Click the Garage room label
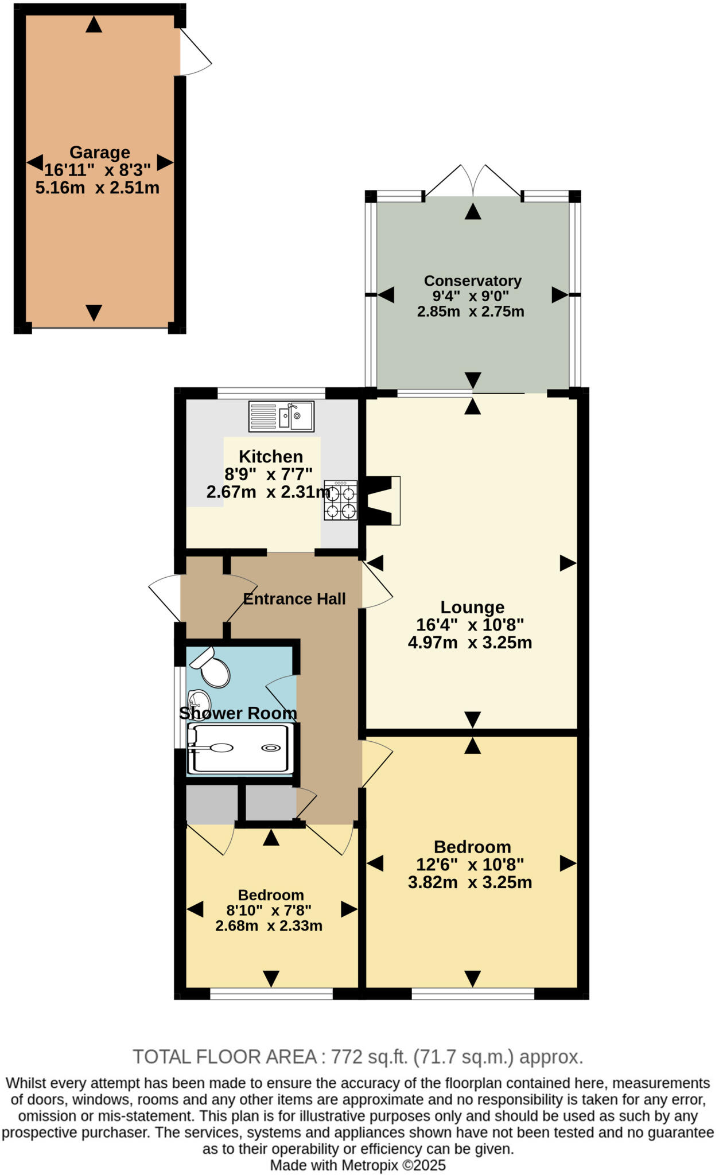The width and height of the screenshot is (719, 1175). [99, 153]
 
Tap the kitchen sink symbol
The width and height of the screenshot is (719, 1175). [281, 416]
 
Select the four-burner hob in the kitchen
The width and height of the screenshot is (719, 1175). [340, 500]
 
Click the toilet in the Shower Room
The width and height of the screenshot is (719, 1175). [211, 668]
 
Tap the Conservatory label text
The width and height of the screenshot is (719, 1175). [472, 281]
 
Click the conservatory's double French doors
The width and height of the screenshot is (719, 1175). [473, 182]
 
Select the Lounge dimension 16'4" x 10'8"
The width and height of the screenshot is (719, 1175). [470, 624]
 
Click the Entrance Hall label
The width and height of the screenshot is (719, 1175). [294, 599]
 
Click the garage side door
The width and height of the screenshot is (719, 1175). [195, 53]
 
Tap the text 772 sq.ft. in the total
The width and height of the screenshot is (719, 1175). [363, 1056]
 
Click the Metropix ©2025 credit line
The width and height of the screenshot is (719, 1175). [357, 1165]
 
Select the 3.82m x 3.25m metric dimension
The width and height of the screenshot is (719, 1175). [470, 882]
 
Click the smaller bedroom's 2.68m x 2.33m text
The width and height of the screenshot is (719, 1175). [269, 925]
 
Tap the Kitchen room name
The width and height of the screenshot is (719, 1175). [270, 457]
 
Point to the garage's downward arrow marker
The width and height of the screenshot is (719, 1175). [94, 312]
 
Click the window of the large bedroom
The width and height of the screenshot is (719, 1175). [473, 993]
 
